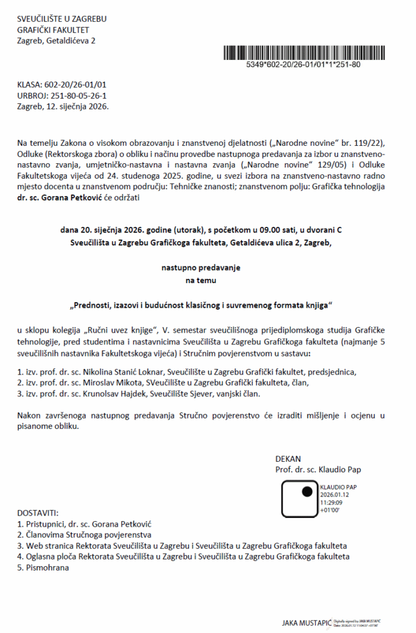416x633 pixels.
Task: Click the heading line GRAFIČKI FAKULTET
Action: click(x=53, y=30)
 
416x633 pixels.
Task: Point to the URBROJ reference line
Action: click(x=63, y=95)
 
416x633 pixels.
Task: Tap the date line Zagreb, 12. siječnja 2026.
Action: click(x=63, y=106)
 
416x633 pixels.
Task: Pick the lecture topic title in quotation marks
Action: click(x=201, y=305)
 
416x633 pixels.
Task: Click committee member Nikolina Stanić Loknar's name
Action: click(x=124, y=372)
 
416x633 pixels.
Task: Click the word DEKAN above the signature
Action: click(x=288, y=459)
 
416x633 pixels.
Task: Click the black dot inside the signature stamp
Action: click(x=306, y=493)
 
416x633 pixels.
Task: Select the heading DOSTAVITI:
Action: click(x=38, y=513)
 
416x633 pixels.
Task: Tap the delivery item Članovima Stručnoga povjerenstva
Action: click(x=89, y=535)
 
